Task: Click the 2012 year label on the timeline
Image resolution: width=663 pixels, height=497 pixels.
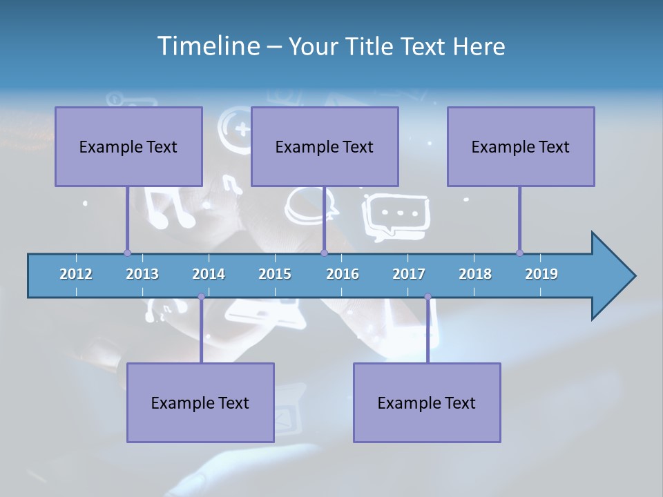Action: pyautogui.click(x=76, y=274)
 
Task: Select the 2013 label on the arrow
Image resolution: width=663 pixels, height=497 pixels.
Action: pyautogui.click(x=142, y=274)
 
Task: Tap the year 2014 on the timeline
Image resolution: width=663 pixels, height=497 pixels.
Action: pyautogui.click(x=209, y=274)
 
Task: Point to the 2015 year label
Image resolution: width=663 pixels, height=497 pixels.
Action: pyautogui.click(x=275, y=274)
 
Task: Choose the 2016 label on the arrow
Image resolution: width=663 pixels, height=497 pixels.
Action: pyautogui.click(x=343, y=274)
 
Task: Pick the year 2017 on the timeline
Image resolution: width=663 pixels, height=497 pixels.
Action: pyautogui.click(x=409, y=274)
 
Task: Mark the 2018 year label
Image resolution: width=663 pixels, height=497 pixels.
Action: pyautogui.click(x=475, y=274)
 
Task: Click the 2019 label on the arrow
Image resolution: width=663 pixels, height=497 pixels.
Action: pyautogui.click(x=541, y=274)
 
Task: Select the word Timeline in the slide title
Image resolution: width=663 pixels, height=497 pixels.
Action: pyautogui.click(x=206, y=46)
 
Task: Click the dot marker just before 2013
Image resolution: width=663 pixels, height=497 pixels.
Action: pyautogui.click(x=127, y=253)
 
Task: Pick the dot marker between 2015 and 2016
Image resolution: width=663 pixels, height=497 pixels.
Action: pyautogui.click(x=324, y=253)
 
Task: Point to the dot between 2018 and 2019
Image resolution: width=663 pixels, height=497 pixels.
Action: pyautogui.click(x=519, y=253)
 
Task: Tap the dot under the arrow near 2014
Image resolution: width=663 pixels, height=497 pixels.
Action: pyautogui.click(x=201, y=297)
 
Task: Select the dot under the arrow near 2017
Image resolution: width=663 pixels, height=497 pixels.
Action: pyautogui.click(x=427, y=297)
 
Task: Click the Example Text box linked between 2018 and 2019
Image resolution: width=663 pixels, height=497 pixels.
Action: pyautogui.click(x=521, y=146)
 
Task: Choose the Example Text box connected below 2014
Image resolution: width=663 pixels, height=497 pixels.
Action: pyautogui.click(x=200, y=402)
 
